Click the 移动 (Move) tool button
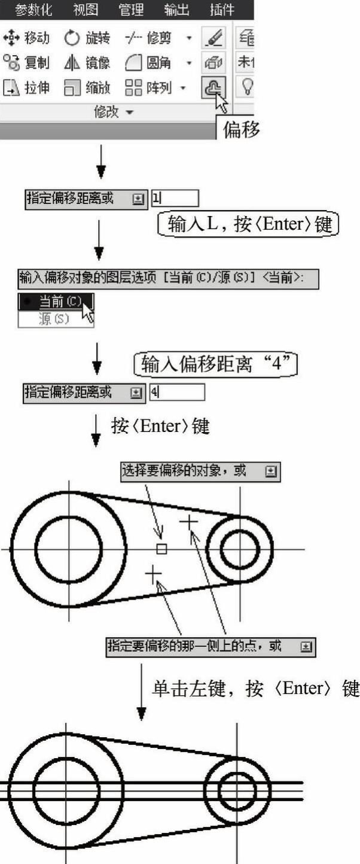26,38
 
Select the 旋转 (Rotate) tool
87,38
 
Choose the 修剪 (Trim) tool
148,38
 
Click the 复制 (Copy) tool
26,62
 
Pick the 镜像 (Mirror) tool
87,62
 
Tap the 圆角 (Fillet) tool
148,62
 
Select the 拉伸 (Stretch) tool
26,87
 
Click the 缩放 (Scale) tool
87,87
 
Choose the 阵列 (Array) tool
148,87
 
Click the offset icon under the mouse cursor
213,87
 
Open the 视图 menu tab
86,9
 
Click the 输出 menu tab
176,9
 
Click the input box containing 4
177,393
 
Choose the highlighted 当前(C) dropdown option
56,302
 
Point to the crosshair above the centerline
189,522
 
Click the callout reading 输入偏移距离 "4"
216,364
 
